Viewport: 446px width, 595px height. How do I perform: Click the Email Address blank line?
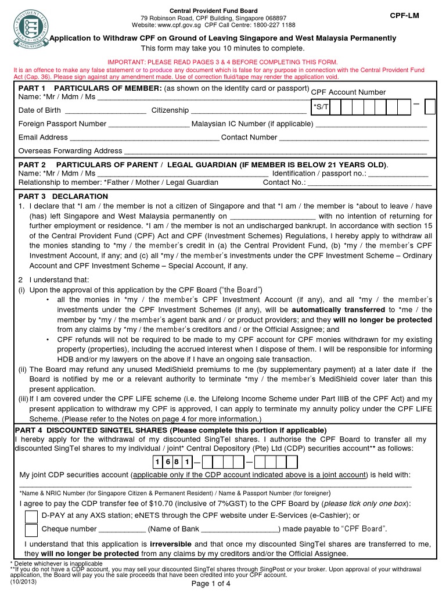tap(145, 138)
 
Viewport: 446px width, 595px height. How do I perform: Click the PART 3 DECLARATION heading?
tap(63, 196)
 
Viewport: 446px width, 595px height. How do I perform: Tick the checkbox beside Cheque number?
tap(31, 530)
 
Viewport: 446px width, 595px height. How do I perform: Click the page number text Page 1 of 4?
tap(211, 584)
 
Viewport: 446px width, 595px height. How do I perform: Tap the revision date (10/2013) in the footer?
tap(24, 580)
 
